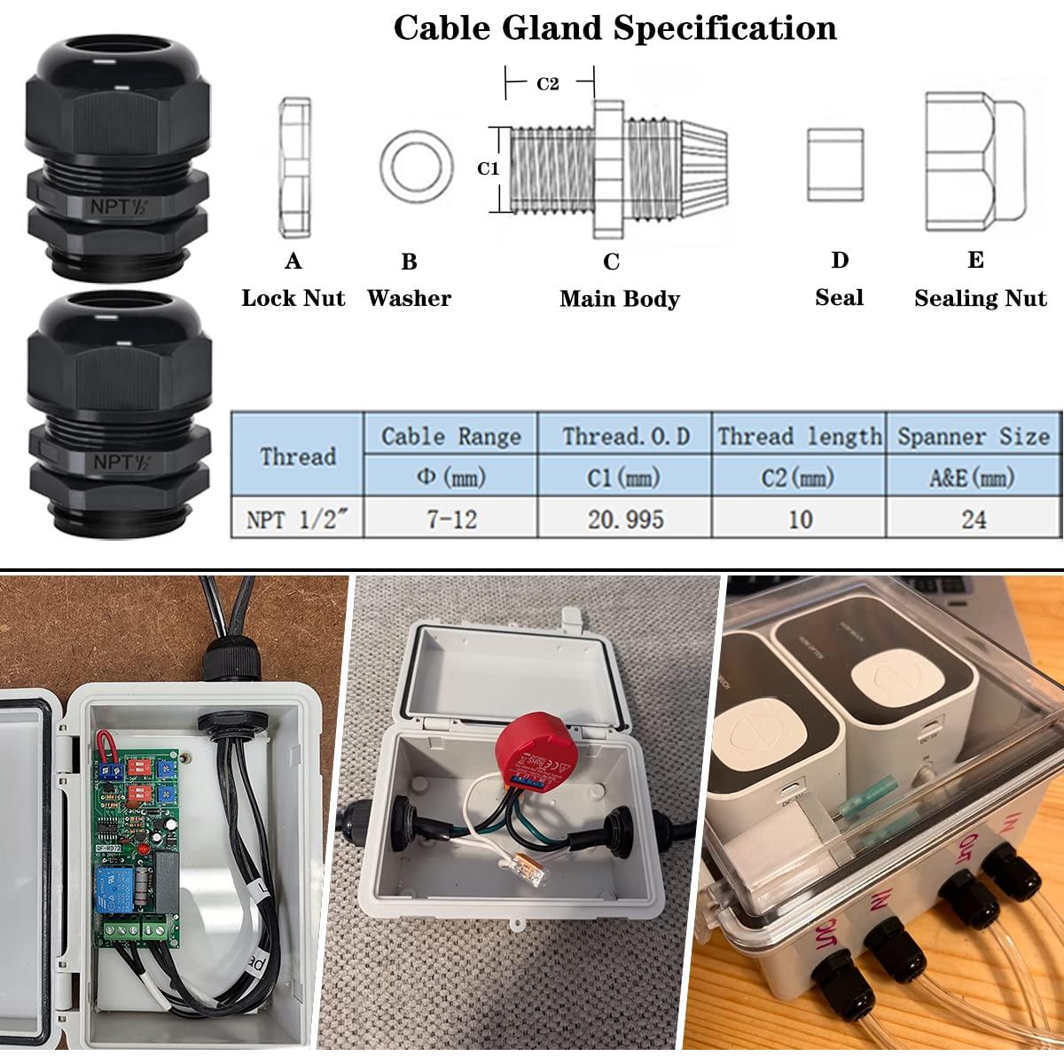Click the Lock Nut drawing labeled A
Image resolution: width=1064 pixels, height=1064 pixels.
tap(294, 168)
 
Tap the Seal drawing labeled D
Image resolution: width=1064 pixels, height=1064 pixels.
tap(835, 165)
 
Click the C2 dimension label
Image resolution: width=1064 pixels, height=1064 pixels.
tap(548, 83)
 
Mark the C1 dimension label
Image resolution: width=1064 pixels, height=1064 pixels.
tap(489, 168)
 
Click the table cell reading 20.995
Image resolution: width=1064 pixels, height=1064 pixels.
tap(625, 519)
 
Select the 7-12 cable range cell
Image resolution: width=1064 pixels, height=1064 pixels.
tap(451, 519)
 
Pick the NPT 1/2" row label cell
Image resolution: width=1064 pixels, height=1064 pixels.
tap(297, 519)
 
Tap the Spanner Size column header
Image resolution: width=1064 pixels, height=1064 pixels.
tap(974, 436)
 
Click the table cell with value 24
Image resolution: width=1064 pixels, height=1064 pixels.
tap(974, 519)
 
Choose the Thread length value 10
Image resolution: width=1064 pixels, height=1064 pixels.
tap(800, 519)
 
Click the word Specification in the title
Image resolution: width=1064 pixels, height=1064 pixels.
tap(724, 28)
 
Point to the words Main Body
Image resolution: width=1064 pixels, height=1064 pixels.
tap(619, 299)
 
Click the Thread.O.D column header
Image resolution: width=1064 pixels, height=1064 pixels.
tap(625, 436)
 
